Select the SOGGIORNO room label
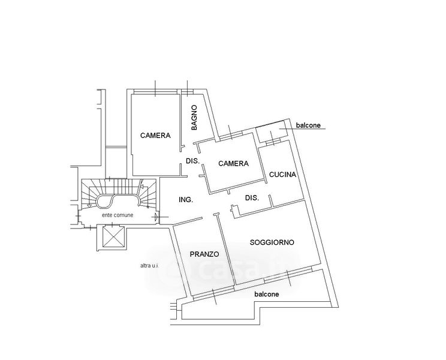(x=272, y=242)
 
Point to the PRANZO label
(x=204, y=254)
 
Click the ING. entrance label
(x=185, y=200)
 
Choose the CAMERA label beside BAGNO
(x=155, y=136)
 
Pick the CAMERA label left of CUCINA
(x=233, y=163)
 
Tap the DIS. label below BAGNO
(x=192, y=161)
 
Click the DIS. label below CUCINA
(x=252, y=197)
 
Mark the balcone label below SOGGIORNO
(x=267, y=295)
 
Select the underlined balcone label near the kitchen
(x=309, y=125)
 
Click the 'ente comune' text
(x=118, y=214)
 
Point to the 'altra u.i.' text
(x=149, y=265)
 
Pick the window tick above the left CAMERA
(x=155, y=88)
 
